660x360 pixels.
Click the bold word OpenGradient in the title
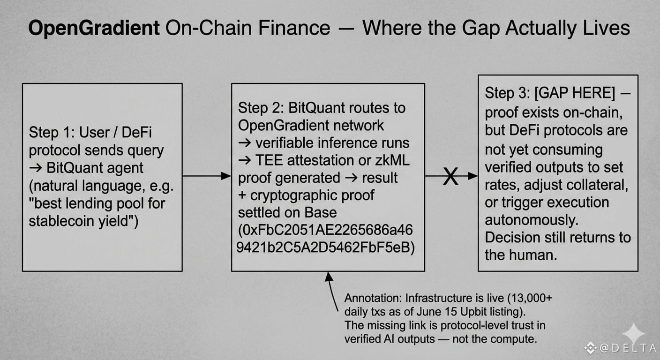(x=94, y=28)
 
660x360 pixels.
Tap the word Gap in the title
(x=480, y=29)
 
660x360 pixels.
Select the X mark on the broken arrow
(x=450, y=176)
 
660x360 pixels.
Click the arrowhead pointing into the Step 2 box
(x=226, y=176)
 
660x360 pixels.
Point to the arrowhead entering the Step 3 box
(x=472, y=176)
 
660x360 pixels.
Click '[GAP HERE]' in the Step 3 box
(x=575, y=93)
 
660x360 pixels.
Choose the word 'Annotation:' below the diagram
(x=373, y=298)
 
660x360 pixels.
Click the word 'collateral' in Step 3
(x=597, y=185)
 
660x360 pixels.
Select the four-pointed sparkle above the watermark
(x=633, y=333)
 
